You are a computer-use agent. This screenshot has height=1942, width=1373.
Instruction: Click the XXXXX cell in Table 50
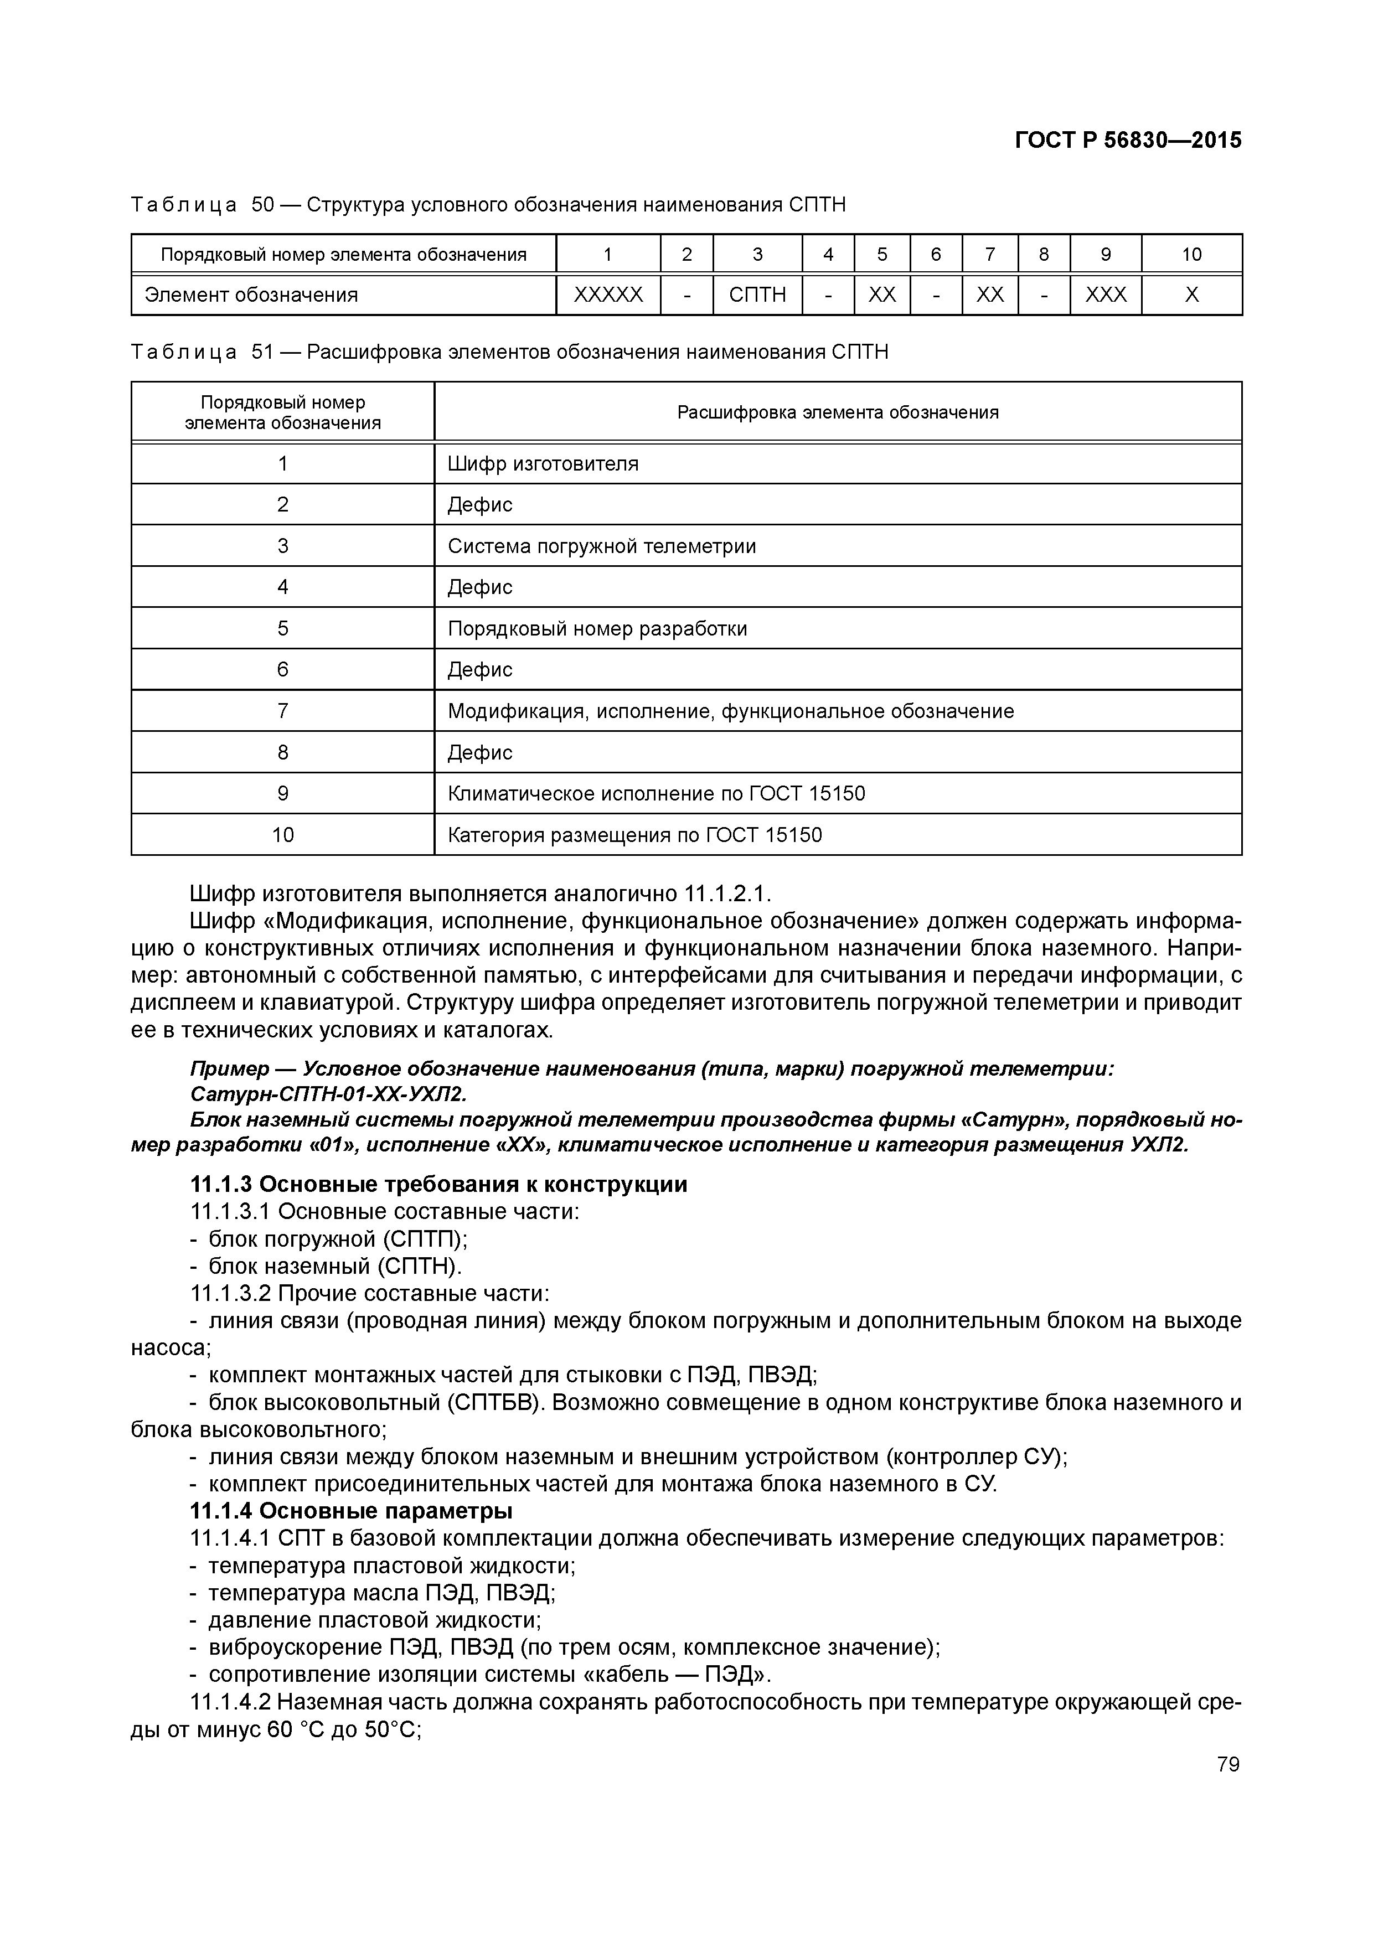(608, 295)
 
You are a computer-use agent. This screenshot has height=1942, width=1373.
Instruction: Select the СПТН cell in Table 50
(757, 295)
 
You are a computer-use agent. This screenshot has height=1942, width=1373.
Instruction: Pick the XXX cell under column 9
(1106, 295)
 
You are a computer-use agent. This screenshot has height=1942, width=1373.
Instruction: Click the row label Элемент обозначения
(251, 295)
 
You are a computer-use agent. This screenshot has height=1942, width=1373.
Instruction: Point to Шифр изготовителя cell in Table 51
(543, 463)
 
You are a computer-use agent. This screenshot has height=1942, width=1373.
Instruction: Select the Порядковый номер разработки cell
(597, 628)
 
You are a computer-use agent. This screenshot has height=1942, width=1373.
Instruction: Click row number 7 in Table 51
(282, 710)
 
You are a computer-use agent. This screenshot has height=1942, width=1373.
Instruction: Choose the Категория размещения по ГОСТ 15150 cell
(634, 835)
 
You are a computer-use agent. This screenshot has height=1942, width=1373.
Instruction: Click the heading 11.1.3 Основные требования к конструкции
(438, 1184)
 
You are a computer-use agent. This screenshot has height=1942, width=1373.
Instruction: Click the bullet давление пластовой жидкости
(374, 1620)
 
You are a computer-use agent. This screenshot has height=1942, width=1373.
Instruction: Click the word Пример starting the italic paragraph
(221, 1069)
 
